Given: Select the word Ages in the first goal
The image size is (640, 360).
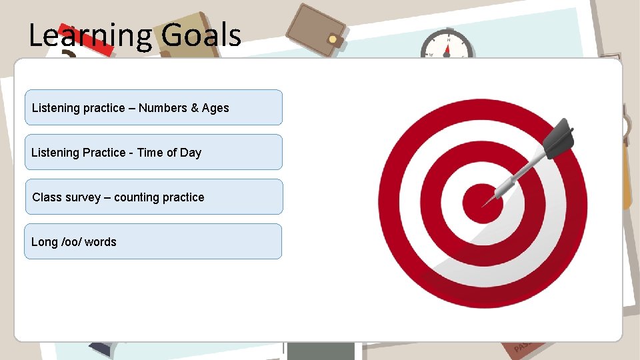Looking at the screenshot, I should [215, 108].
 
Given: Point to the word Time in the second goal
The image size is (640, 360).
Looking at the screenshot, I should [150, 153].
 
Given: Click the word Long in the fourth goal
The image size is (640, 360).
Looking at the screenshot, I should [44, 242].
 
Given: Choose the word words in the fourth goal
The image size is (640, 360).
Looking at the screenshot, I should [100, 242].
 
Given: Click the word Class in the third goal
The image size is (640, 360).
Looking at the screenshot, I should [47, 197].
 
